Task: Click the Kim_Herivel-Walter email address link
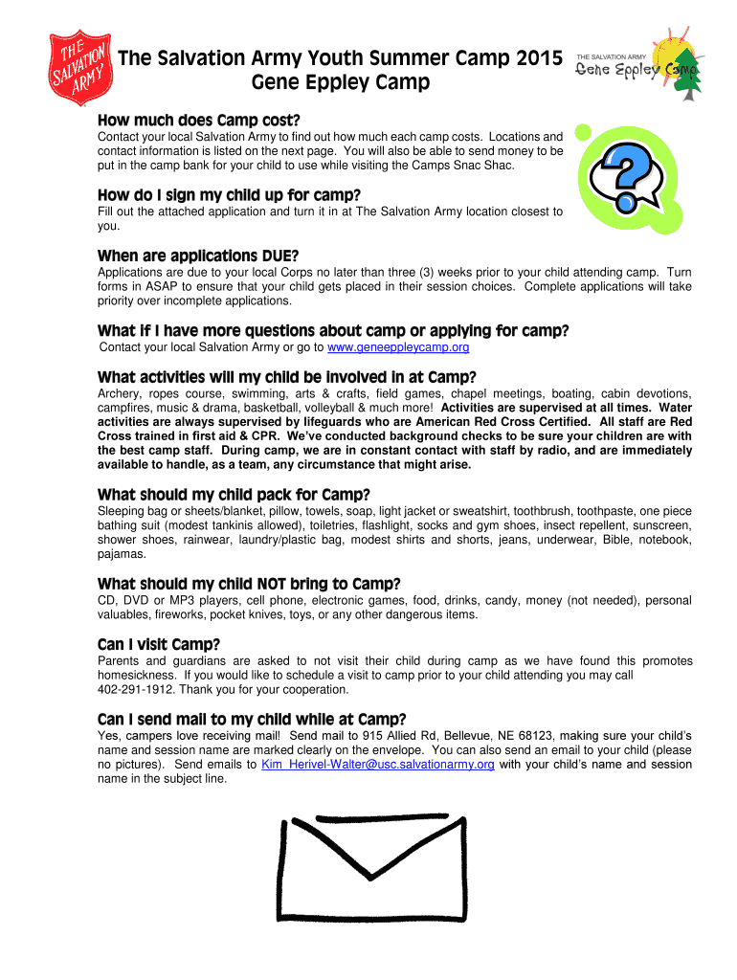click(x=378, y=765)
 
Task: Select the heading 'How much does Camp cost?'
click(x=199, y=121)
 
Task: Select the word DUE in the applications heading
click(x=279, y=256)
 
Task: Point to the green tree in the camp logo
click(x=687, y=81)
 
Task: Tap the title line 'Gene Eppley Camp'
click(x=340, y=83)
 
